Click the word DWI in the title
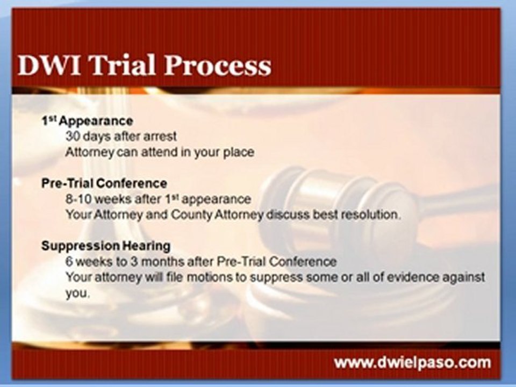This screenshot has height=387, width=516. (49, 65)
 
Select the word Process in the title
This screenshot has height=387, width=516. (218, 65)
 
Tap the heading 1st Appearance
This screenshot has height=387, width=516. (87, 121)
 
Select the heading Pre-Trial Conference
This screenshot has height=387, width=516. (104, 183)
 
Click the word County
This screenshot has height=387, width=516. (191, 215)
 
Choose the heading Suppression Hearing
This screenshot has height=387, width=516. (106, 246)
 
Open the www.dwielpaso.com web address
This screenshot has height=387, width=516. (413, 363)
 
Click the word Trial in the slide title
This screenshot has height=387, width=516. (123, 65)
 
